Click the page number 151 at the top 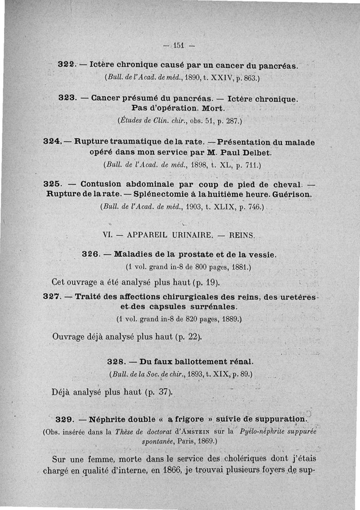[x=180, y=45]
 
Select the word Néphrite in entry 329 [x=113, y=420]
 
